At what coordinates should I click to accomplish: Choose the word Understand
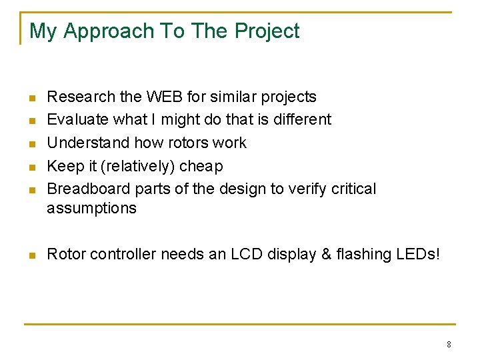89,143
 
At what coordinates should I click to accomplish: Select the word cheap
201,166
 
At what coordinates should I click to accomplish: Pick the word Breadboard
84,189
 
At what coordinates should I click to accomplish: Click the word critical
353,189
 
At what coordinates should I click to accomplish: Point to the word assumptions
91,208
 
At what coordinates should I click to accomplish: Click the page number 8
449,345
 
